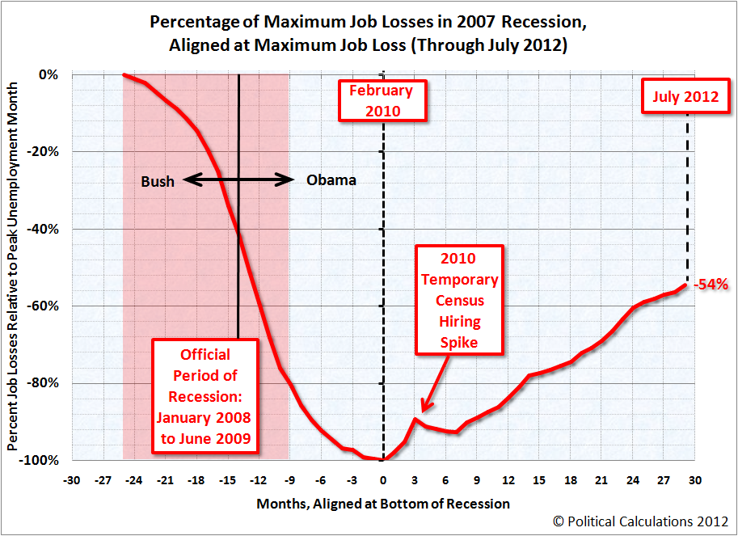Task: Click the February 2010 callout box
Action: [381, 100]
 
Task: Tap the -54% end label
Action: [712, 285]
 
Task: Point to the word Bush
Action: [158, 181]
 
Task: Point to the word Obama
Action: [331, 180]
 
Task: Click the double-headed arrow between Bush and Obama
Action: [238, 180]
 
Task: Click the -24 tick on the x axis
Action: [134, 479]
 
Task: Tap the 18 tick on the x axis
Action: [569, 479]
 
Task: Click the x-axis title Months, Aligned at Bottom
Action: [383, 504]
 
